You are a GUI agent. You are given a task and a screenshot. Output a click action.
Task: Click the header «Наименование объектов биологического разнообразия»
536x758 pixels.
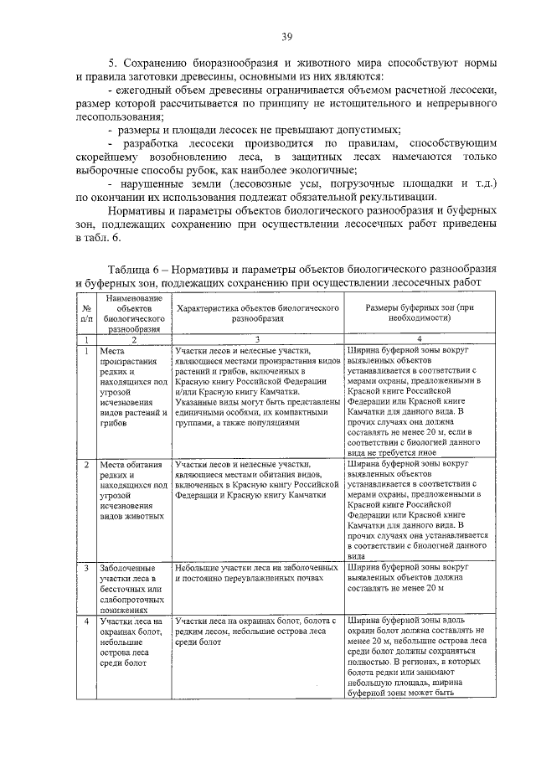tap(131, 313)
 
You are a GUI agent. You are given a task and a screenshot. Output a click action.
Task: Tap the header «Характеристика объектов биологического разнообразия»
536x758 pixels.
tap(257, 313)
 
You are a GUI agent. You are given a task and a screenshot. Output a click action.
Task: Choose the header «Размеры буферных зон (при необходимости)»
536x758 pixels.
tap(414, 313)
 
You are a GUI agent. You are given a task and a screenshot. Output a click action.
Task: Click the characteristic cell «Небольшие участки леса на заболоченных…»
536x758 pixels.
tap(257, 573)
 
